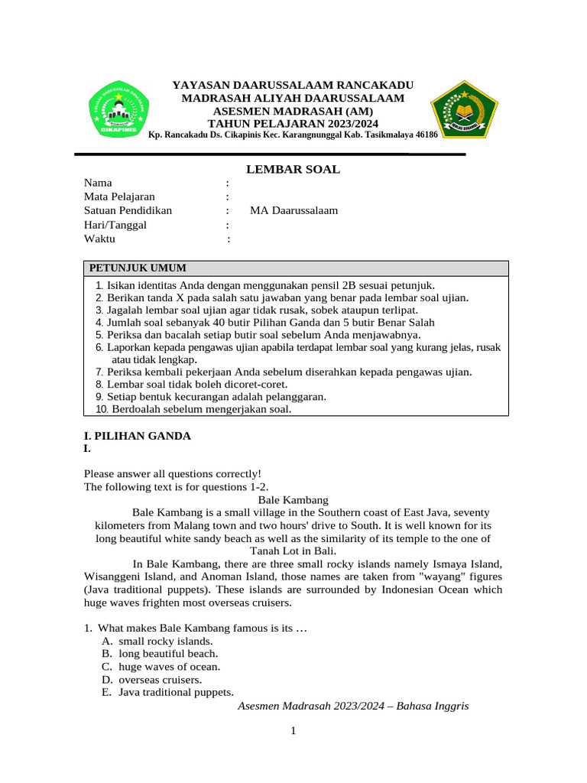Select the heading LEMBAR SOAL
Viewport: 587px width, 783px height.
tap(293, 169)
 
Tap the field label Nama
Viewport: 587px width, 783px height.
tap(98, 183)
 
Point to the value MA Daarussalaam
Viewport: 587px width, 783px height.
tap(293, 210)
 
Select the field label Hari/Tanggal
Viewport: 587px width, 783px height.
tap(115, 225)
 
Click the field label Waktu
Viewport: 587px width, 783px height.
tap(99, 239)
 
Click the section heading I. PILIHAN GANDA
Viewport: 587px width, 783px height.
tap(137, 436)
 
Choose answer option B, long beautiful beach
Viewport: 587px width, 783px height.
tap(167, 654)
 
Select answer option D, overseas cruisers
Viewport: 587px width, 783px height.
tap(160, 679)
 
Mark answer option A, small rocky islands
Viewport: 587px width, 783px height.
tap(165, 641)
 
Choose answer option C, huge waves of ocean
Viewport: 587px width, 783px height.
tap(169, 666)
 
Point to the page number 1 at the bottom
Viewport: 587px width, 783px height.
tap(293, 731)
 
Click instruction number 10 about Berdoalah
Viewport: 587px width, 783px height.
tap(193, 409)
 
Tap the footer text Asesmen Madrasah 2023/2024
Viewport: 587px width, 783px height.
tap(353, 707)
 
